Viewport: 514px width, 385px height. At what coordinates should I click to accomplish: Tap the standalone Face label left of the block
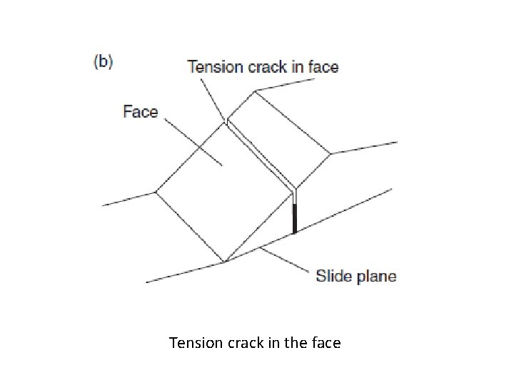click(x=140, y=112)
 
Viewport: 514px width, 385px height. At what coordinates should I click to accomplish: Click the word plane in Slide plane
click(x=376, y=277)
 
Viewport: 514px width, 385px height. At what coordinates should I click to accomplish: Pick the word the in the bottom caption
click(x=296, y=343)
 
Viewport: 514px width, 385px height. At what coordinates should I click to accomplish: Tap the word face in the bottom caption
click(x=326, y=343)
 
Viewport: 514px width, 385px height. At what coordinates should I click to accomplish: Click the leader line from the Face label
click(x=193, y=142)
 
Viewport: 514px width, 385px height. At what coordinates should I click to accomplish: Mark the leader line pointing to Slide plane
click(x=286, y=260)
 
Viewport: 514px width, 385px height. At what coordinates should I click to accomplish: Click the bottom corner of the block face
click(x=225, y=262)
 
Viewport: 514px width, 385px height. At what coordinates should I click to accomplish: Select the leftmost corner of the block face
click(x=156, y=192)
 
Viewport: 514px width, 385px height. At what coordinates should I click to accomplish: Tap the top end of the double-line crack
click(x=227, y=122)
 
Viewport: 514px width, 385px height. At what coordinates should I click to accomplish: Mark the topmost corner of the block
click(x=255, y=91)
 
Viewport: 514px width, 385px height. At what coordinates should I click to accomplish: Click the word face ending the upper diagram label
click(x=323, y=68)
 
